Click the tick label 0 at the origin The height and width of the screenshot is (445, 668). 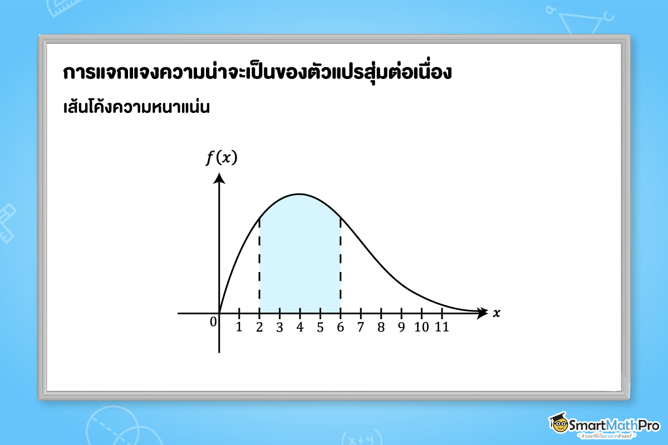[213, 322]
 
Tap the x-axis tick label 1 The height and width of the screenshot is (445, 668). [239, 327]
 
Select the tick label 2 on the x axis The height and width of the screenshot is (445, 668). [259, 327]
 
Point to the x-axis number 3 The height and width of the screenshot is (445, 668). [279, 327]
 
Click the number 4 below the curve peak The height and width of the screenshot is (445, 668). [300, 327]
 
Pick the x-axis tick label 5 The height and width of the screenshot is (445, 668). [320, 327]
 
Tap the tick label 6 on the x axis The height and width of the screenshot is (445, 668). [340, 327]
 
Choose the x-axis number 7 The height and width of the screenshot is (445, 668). [361, 327]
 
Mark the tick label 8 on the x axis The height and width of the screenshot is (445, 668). [381, 327]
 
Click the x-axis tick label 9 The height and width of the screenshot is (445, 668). [401, 327]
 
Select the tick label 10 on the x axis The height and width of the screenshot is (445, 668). [421, 327]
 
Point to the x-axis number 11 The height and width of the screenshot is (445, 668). [441, 327]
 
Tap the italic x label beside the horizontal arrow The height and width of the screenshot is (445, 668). [497, 313]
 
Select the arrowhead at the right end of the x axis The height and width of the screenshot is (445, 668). [482, 313]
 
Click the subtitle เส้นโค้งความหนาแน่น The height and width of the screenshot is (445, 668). [136, 106]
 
